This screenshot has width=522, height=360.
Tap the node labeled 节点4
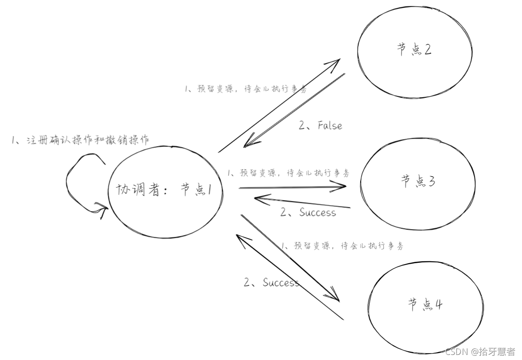425,306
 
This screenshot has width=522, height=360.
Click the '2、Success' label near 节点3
308,212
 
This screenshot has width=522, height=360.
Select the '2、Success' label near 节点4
272,283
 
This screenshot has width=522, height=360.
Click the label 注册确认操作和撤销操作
80,141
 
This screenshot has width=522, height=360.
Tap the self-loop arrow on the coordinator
78,184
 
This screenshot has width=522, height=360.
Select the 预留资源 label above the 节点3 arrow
288,173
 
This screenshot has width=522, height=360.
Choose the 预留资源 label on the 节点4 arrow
342,246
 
